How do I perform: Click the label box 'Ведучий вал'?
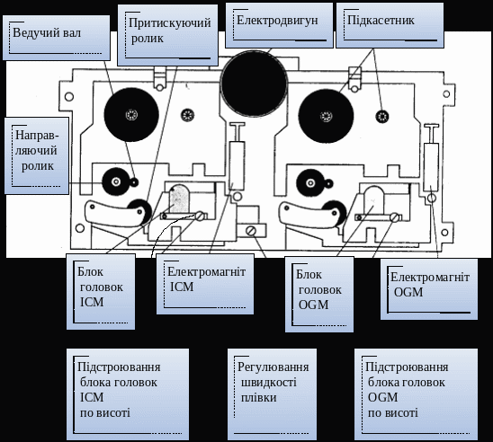[x=57, y=38]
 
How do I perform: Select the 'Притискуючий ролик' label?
[x=167, y=35]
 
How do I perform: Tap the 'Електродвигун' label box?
[x=279, y=25]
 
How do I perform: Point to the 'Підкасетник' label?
[x=390, y=25]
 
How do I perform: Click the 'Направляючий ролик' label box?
[x=37, y=155]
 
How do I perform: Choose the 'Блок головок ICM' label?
[x=101, y=292]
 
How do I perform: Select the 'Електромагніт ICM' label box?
[x=205, y=284]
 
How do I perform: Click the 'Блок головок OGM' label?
[x=319, y=294]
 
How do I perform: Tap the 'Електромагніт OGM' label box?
[x=429, y=289]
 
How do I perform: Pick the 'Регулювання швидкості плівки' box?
[x=272, y=394]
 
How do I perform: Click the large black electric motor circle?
[x=254, y=84]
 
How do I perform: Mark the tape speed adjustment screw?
[x=251, y=231]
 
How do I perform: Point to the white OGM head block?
[x=374, y=200]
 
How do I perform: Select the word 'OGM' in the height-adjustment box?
[x=382, y=397]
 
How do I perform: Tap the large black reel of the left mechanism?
[x=131, y=115]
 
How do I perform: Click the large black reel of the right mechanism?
[x=326, y=117]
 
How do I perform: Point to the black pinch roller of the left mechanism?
[x=140, y=211]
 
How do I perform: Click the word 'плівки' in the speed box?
[x=259, y=398]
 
